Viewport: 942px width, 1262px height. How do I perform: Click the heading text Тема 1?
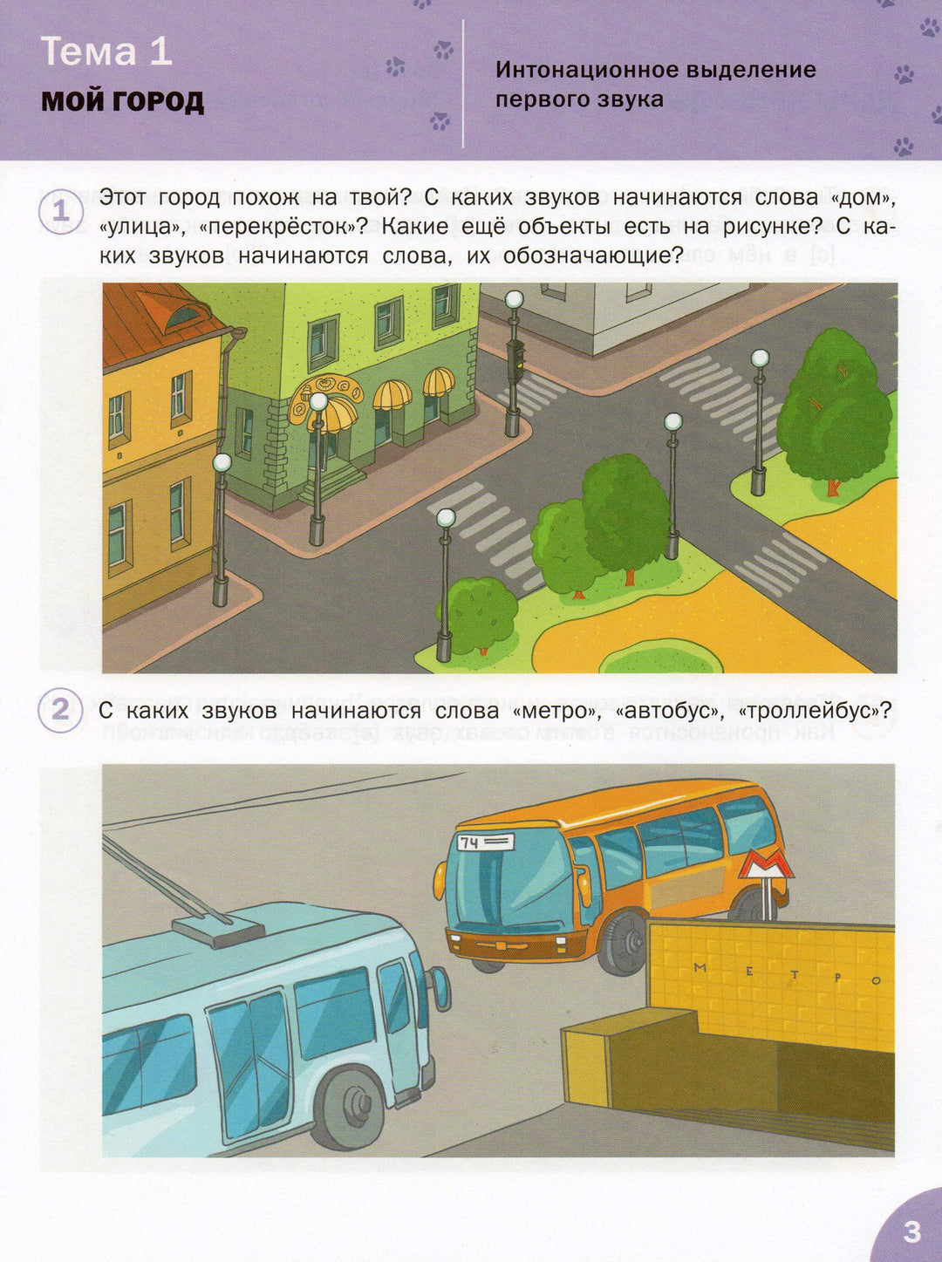point(107,51)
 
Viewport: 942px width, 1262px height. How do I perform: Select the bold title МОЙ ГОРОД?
point(122,102)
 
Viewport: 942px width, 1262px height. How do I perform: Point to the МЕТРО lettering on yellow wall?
point(787,974)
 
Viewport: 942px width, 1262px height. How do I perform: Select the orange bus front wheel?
point(621,942)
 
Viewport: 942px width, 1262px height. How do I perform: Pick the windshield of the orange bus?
point(507,886)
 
